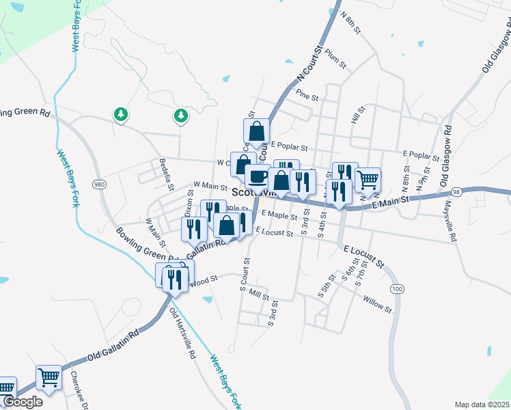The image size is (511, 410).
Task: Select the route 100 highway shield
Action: [397, 290]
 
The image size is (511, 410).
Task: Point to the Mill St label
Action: [260, 295]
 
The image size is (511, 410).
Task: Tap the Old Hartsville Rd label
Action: [182, 335]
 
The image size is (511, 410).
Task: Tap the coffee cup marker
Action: [257, 176]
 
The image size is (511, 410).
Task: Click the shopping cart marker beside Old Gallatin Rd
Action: [49, 376]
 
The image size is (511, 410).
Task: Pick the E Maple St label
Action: [279, 216]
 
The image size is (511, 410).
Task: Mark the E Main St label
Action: [389, 200]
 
